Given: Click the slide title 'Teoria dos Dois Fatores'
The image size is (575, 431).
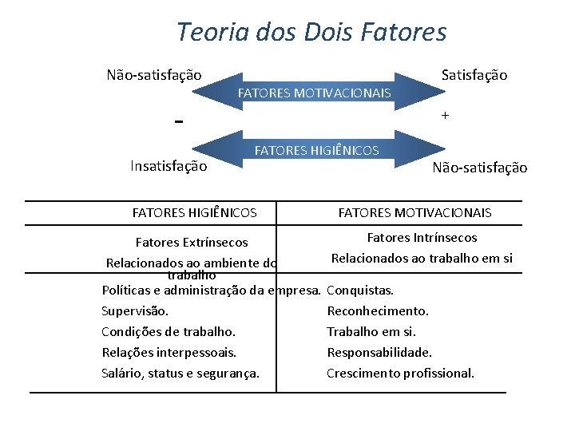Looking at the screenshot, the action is pos(311,32).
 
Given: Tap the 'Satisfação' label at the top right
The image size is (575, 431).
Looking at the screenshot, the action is pos(474,75).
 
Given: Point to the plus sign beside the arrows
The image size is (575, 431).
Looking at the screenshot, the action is pos(445,116).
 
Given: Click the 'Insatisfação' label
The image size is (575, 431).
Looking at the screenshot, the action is pos(169,166).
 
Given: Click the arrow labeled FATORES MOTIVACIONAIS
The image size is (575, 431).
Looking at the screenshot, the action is pos(315,93).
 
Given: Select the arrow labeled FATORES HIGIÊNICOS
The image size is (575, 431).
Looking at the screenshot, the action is pos(316,150).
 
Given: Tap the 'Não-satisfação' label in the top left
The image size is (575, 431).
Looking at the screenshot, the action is pos(154,75).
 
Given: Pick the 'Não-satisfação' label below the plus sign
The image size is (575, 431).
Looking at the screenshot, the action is pos(479,168).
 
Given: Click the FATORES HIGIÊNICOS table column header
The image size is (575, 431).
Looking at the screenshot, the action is pos(194,213).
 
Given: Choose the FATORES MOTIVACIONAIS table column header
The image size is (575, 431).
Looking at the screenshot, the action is pos(415,213).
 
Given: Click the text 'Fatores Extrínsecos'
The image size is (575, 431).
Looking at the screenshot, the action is pos(192,242).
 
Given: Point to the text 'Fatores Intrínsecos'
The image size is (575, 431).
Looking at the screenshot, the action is pos(422,237).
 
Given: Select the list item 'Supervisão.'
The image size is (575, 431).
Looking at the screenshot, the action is pos(135,311).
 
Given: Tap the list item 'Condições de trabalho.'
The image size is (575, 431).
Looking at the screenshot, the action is pos(168,331).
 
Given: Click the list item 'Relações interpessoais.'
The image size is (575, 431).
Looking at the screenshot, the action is pos(169,352).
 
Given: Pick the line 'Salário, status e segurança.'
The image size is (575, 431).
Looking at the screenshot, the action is pos(180,373).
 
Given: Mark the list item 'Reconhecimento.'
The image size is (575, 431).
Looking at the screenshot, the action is pos(378,311).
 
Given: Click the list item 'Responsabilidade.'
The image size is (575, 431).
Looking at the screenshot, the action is pos(379,352).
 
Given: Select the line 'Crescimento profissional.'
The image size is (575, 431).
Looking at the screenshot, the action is pos(400,373).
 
